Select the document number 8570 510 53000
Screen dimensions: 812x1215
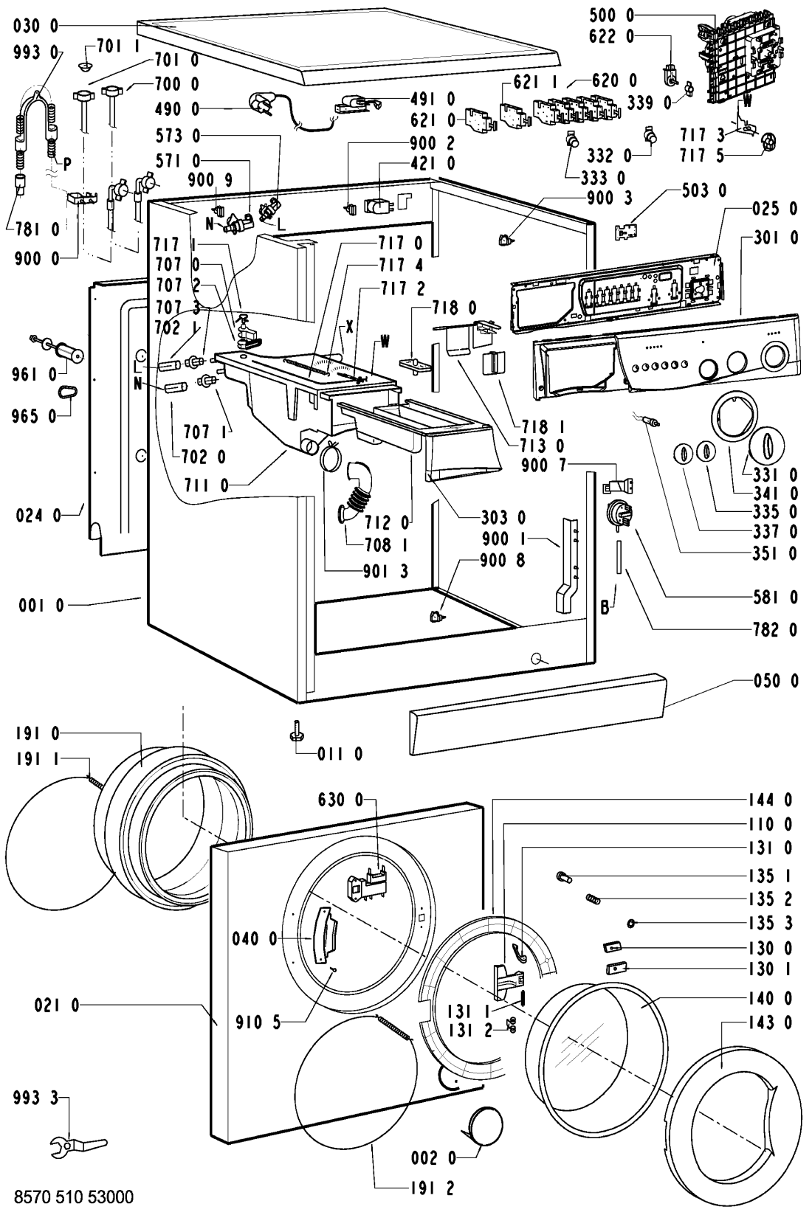(74, 1196)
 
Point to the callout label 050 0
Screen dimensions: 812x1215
(776, 681)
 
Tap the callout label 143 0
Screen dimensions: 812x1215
(770, 1022)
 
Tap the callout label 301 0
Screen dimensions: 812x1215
(776, 238)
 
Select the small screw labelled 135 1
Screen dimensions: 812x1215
(564, 876)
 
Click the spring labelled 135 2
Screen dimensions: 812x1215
(593, 899)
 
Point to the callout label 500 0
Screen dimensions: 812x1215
(612, 15)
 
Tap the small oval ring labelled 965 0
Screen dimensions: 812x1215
(68, 392)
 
